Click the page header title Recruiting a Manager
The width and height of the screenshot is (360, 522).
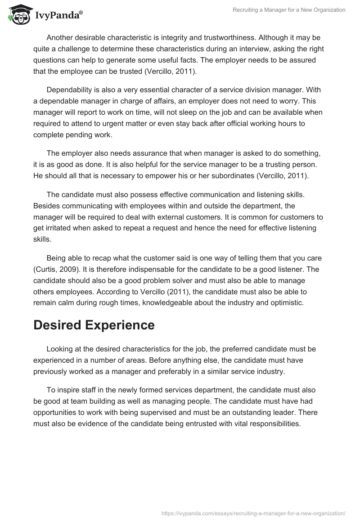coord(288,10)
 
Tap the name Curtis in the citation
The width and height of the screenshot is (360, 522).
coord(46,270)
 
